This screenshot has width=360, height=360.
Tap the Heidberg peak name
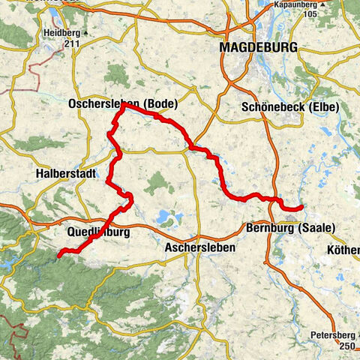tap(62, 34)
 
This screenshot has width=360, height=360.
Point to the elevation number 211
tap(71, 43)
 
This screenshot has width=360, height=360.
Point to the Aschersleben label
tap(199, 247)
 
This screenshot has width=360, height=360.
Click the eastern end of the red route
tap(301, 207)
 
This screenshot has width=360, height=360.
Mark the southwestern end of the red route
tap(58, 256)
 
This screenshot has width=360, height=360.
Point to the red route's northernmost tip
tap(123, 104)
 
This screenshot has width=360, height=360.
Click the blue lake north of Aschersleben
tap(166, 218)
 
